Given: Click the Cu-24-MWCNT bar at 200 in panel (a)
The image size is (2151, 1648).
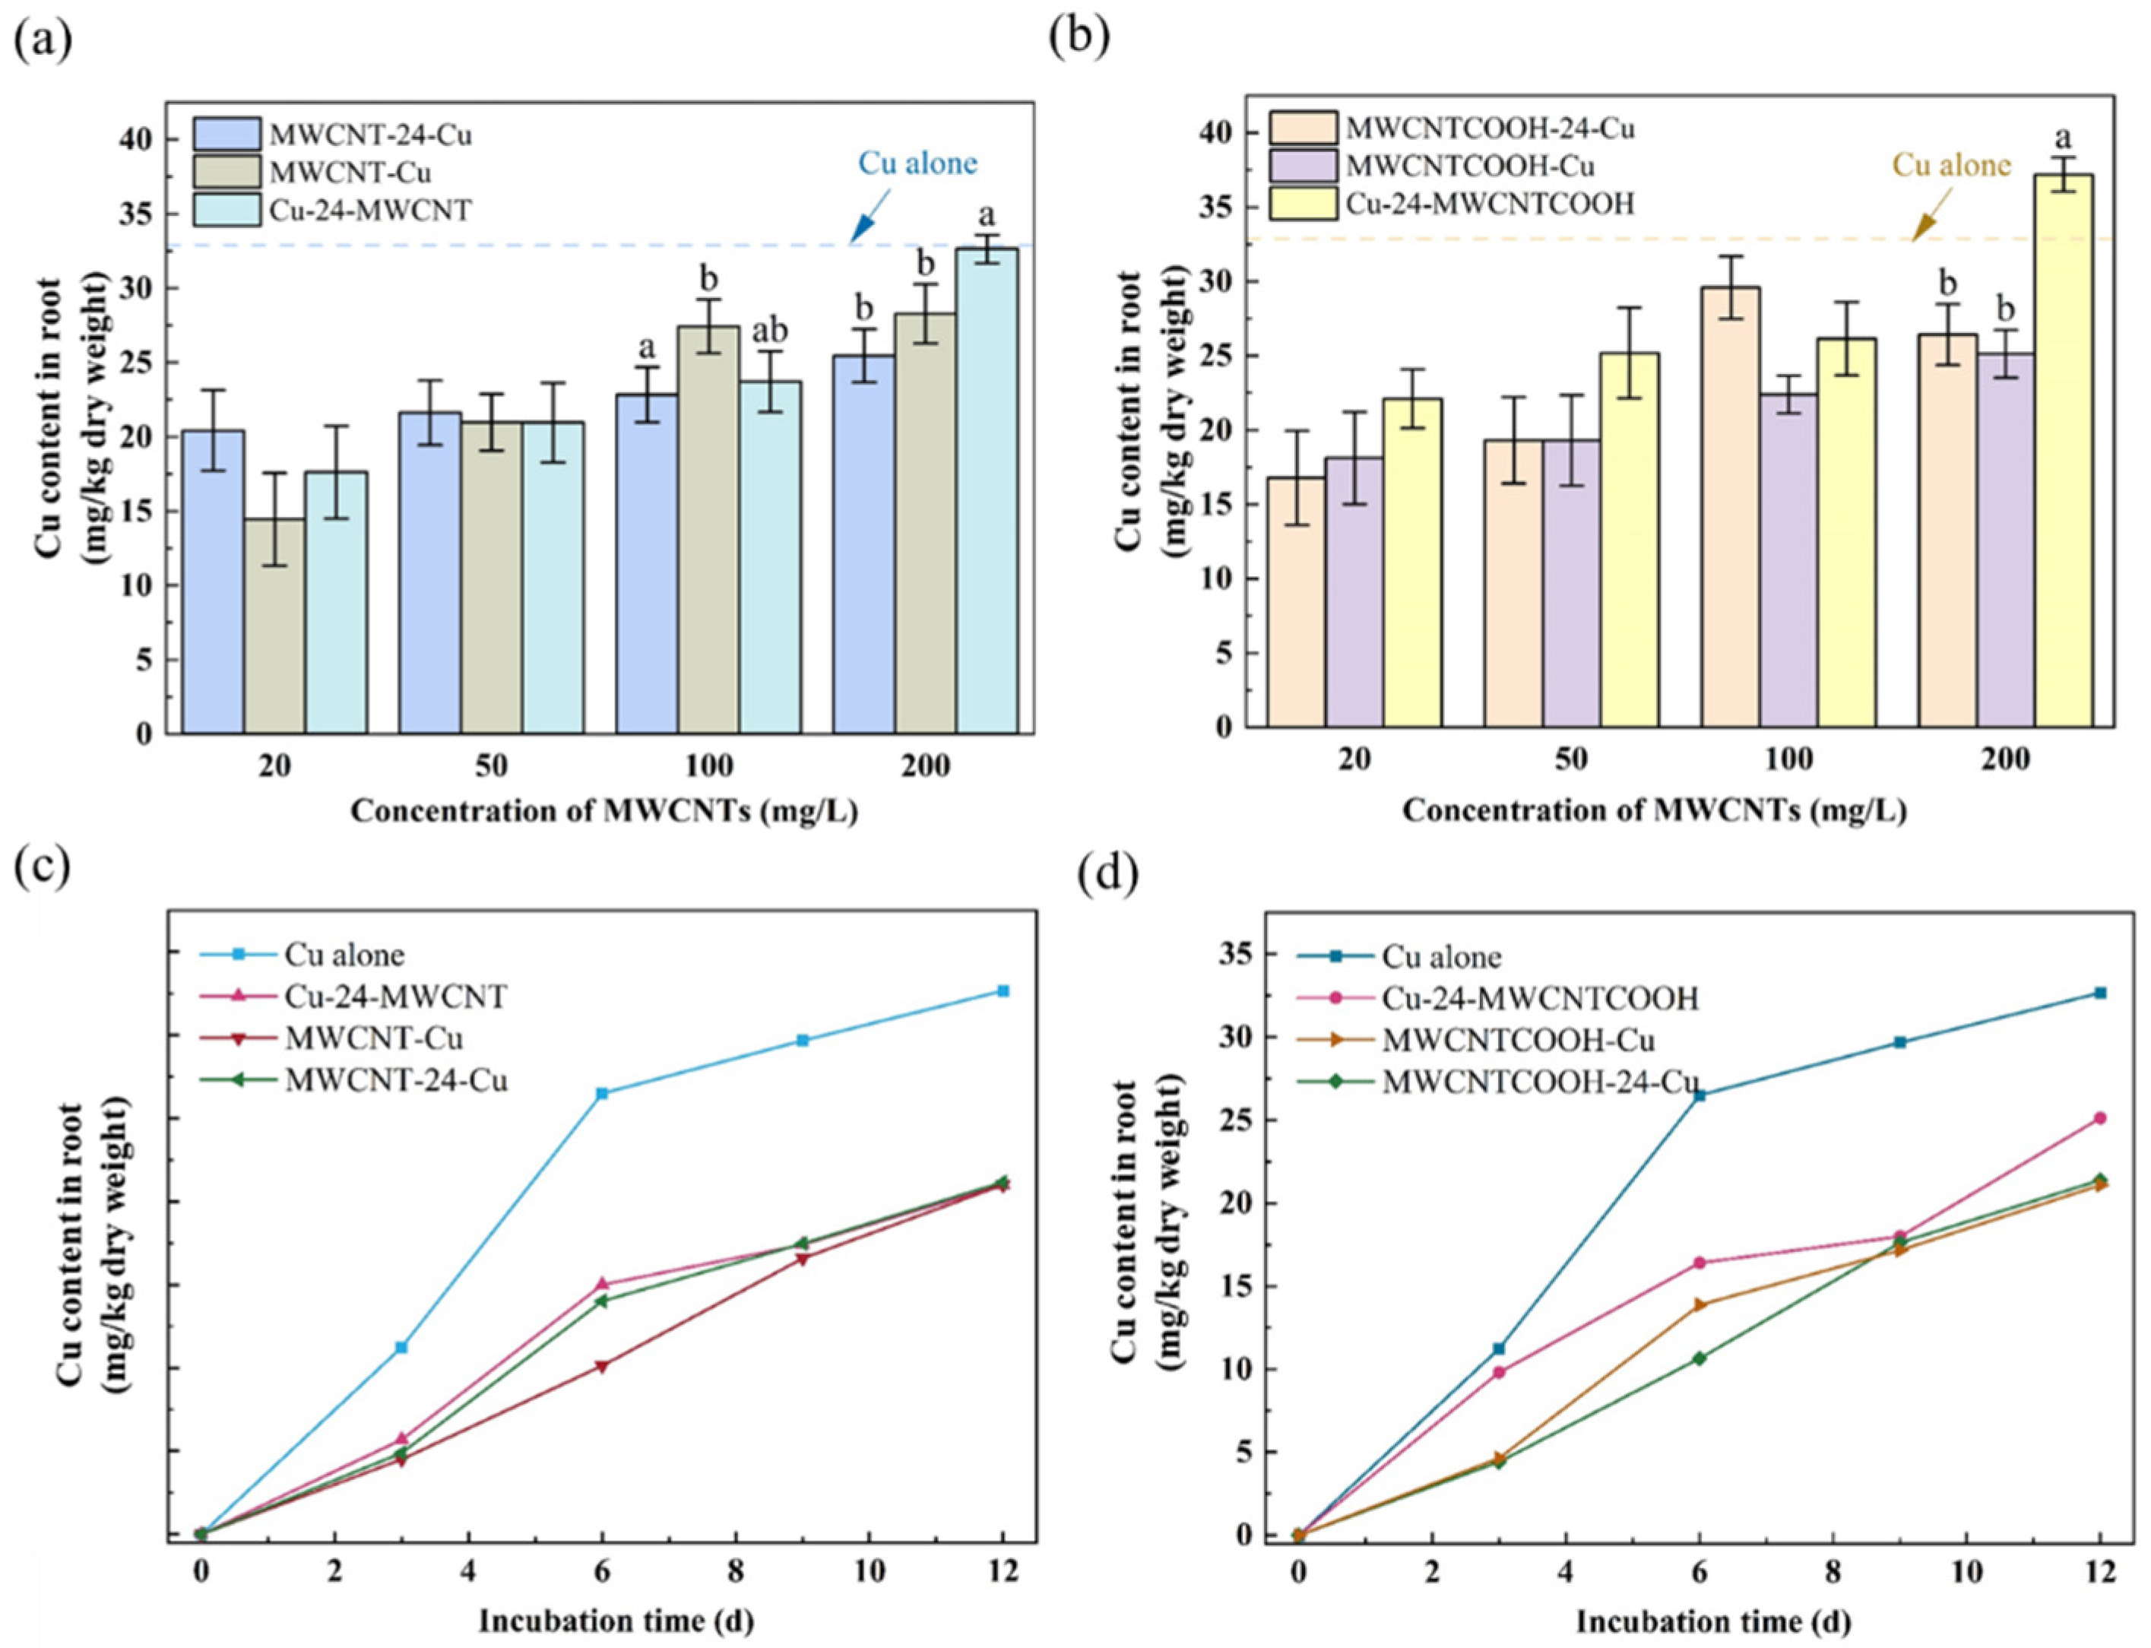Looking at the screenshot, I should click(987, 490).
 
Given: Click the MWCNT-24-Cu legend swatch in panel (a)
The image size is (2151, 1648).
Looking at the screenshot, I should click(227, 135).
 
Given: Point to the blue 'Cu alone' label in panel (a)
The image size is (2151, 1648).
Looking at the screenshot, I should click(917, 163).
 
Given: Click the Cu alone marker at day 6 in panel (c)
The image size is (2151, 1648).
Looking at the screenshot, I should click(602, 1093).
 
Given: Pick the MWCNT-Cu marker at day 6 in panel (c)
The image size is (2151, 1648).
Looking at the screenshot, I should click(602, 1365).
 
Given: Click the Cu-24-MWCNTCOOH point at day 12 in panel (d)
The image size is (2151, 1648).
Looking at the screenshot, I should click(2099, 1117).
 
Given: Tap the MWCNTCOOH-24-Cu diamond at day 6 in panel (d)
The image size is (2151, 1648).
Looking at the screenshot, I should click(1699, 1358).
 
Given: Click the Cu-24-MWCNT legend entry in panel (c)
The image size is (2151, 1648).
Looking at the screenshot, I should click(395, 997).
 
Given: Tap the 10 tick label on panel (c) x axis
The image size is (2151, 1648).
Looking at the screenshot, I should click(868, 1571).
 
